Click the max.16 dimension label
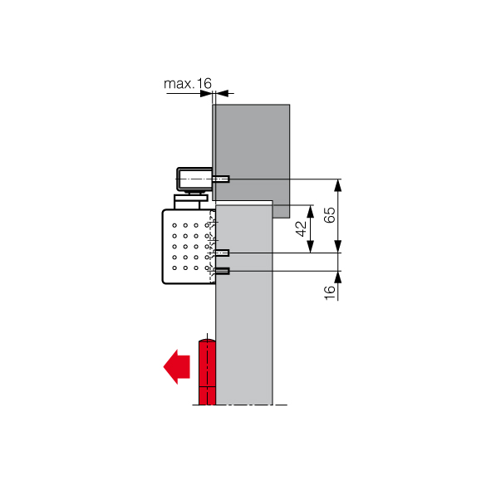188,84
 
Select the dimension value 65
330,215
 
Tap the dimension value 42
301,229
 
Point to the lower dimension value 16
330,292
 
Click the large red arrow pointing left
177,366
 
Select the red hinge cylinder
207,372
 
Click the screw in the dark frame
221,179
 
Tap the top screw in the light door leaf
223,253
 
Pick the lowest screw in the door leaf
223,271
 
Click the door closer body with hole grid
189,247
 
